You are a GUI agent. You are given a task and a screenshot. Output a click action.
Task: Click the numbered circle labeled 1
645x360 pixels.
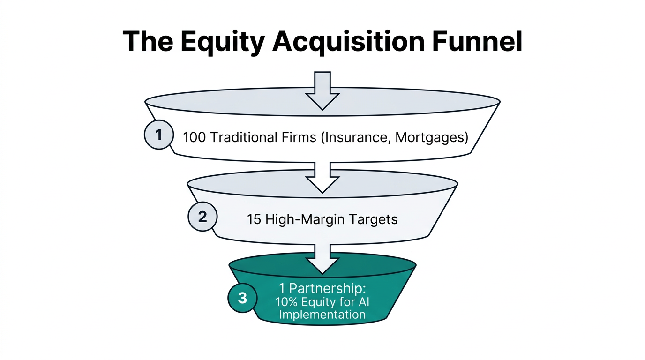click(x=158, y=135)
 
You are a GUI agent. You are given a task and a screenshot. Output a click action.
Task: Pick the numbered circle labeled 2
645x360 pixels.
click(x=202, y=217)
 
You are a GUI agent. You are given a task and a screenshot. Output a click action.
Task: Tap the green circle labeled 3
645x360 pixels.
click(x=242, y=298)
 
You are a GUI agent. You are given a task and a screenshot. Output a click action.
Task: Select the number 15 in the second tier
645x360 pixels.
click(x=254, y=219)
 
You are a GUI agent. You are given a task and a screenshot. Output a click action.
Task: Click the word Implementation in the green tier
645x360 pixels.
click(x=322, y=314)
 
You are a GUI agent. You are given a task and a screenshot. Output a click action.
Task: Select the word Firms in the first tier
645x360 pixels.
click(x=297, y=138)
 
